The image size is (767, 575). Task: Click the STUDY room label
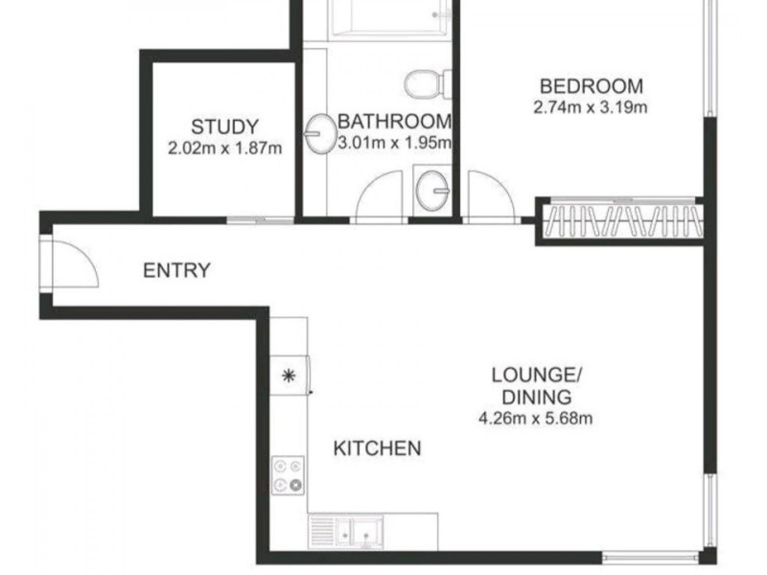[x=224, y=126]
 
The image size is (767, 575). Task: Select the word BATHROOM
[x=394, y=122]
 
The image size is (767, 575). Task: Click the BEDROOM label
[x=591, y=85]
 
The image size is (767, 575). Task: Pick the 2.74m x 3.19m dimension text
[x=591, y=106]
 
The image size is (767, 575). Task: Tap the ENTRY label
[x=175, y=270]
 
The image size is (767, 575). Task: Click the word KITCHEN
[x=377, y=448]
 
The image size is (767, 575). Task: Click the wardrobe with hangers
[x=620, y=220]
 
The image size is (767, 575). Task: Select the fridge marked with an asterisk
[x=289, y=375]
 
